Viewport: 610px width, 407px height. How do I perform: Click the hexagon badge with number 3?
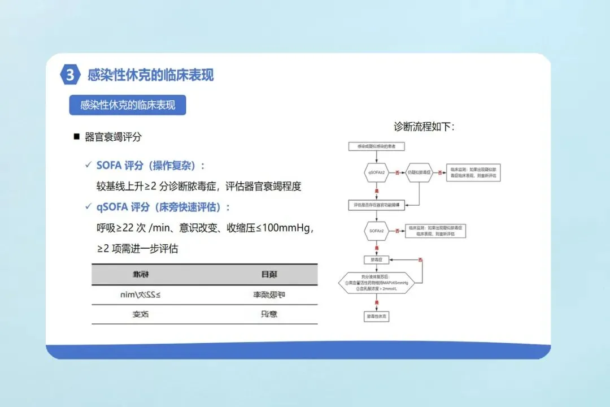tap(69, 75)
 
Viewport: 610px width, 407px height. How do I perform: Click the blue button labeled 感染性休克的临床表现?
tap(128, 105)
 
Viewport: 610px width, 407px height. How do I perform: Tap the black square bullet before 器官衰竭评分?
tap(76, 137)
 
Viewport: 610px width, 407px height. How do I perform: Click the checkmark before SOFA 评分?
tap(88, 165)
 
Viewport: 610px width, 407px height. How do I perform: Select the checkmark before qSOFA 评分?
tap(88, 206)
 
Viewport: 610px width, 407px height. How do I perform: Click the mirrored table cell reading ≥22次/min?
tap(143, 295)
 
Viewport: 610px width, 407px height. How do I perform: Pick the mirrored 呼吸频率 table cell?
tap(265, 295)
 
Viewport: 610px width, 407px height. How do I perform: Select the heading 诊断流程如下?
tap(424, 127)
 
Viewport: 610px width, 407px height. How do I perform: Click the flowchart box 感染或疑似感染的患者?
tap(377, 146)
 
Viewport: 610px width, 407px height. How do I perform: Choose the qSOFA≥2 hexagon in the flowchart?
tap(377, 172)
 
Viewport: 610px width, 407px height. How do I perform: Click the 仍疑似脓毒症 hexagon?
tap(419, 172)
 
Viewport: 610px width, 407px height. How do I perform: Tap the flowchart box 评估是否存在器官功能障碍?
tap(377, 205)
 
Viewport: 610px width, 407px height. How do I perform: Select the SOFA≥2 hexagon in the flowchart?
tap(377, 231)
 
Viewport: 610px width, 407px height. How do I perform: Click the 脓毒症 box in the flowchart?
tap(377, 259)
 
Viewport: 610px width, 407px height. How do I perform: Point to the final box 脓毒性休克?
tap(377, 317)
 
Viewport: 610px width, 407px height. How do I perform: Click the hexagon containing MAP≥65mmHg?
tap(377, 284)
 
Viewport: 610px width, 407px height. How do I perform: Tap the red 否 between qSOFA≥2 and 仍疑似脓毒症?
tap(398, 172)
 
